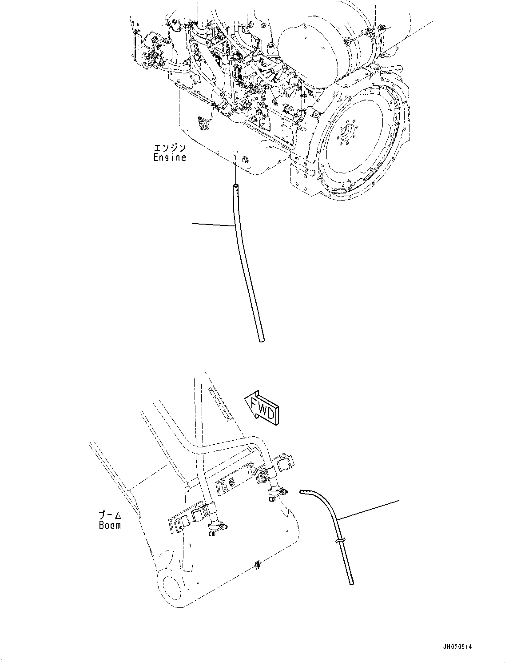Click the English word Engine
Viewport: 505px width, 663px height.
[x=170, y=157]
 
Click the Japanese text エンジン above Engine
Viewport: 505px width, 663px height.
[x=170, y=147]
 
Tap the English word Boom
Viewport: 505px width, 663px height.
[x=110, y=525]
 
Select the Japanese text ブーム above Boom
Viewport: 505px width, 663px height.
[x=110, y=515]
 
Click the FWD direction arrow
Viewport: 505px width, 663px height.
[x=262, y=406]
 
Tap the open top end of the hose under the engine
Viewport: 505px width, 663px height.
[x=235, y=187]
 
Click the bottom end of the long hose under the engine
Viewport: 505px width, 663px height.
[x=261, y=341]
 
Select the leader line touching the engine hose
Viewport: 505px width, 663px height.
[x=213, y=225]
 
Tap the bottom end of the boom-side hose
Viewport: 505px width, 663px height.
[x=352, y=582]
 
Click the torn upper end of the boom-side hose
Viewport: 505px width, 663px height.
[x=303, y=491]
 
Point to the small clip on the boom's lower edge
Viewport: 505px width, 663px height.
[x=256, y=565]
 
